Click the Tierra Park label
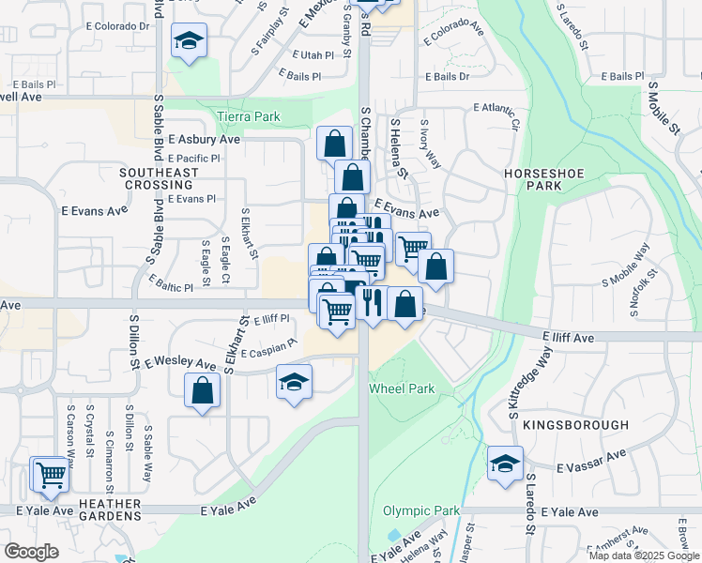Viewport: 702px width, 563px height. [249, 116]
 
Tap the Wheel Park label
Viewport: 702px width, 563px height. [402, 388]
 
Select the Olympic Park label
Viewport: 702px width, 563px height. [421, 511]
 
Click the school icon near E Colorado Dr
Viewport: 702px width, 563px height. [189, 42]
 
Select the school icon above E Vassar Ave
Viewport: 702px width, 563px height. [505, 464]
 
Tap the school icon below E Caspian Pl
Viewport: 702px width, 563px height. [294, 382]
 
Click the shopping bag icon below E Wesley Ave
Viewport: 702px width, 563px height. [203, 390]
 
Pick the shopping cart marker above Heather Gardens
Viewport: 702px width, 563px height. [50, 473]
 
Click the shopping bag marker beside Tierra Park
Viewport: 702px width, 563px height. [334, 144]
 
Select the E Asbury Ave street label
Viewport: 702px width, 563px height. [205, 139]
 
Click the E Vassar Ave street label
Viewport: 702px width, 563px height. [590, 460]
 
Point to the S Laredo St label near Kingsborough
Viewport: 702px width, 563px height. [530, 503]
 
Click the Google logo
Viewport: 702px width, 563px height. [31, 552]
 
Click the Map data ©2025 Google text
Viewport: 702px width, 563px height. [645, 555]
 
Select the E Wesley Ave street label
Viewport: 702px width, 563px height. [180, 361]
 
